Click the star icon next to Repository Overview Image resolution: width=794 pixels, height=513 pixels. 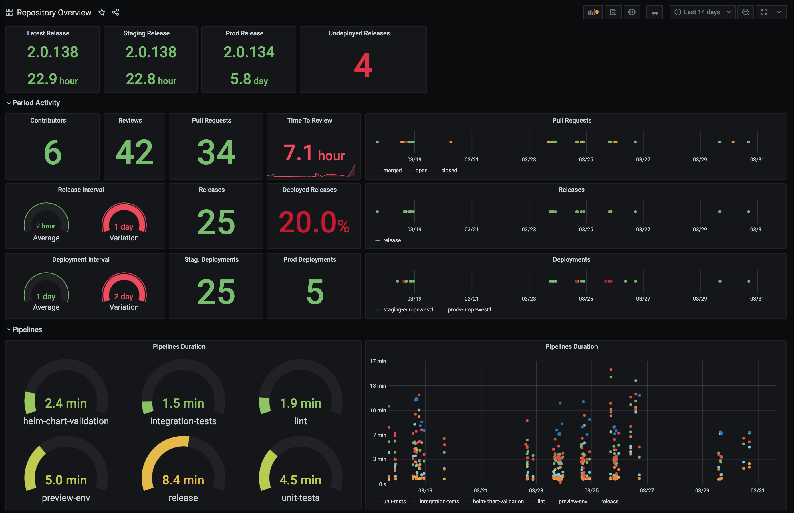(102, 12)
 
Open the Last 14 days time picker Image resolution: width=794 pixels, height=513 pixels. (702, 12)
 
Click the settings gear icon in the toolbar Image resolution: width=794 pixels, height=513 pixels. (631, 12)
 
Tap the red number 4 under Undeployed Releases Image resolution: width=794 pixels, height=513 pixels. (363, 66)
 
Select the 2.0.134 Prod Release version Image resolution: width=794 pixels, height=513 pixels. (249, 52)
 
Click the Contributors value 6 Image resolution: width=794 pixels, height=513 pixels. (53, 152)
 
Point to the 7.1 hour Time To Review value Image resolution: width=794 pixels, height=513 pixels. (313, 153)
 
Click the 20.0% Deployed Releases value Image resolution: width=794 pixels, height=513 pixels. (313, 222)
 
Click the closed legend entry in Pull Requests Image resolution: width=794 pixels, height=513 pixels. (448, 171)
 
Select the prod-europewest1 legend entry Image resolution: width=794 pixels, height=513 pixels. (469, 310)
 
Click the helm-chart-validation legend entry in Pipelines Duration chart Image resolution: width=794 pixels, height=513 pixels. (498, 501)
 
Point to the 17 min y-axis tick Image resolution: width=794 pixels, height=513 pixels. (378, 361)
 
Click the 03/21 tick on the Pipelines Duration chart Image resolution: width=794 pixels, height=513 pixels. (480, 490)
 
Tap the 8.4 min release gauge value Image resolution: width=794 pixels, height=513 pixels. (183, 480)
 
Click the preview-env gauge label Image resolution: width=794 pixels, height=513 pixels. (66, 498)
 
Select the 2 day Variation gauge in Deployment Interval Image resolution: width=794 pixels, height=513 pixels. (124, 291)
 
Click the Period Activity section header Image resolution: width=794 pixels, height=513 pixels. (36, 103)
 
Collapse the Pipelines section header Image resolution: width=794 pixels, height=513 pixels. (27, 329)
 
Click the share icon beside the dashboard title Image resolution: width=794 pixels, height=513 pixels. (116, 12)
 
